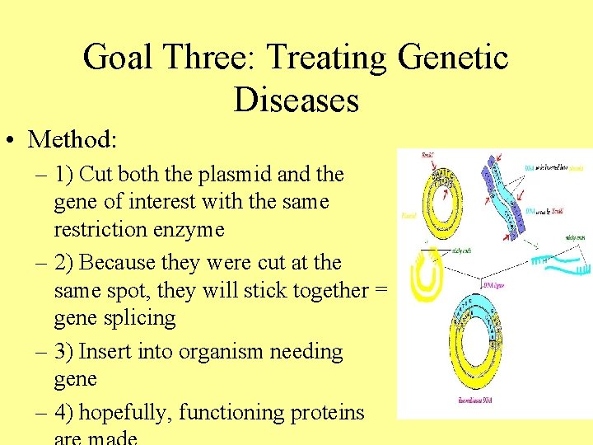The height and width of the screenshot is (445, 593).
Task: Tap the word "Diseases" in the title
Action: click(296, 101)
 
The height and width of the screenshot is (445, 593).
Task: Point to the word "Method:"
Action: click(72, 139)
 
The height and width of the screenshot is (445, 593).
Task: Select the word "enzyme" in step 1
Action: click(186, 229)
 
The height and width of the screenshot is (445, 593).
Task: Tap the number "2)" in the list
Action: click(64, 262)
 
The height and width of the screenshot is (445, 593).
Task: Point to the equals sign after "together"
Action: click(381, 290)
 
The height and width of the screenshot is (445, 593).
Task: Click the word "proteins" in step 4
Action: click(328, 412)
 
